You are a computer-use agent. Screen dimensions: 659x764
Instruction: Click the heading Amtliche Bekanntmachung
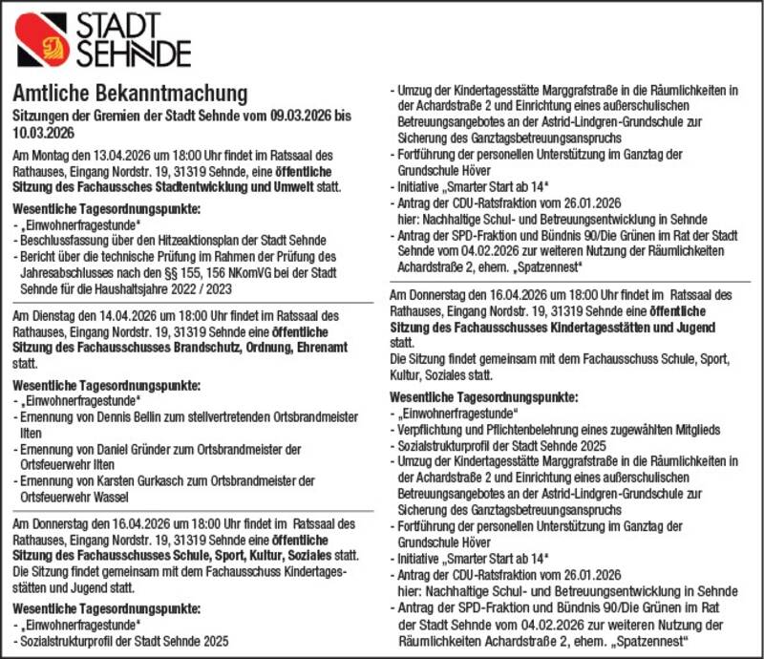130,94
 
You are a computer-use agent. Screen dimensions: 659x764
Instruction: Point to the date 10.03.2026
43,133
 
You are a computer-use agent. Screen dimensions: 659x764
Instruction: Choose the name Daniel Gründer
127,448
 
